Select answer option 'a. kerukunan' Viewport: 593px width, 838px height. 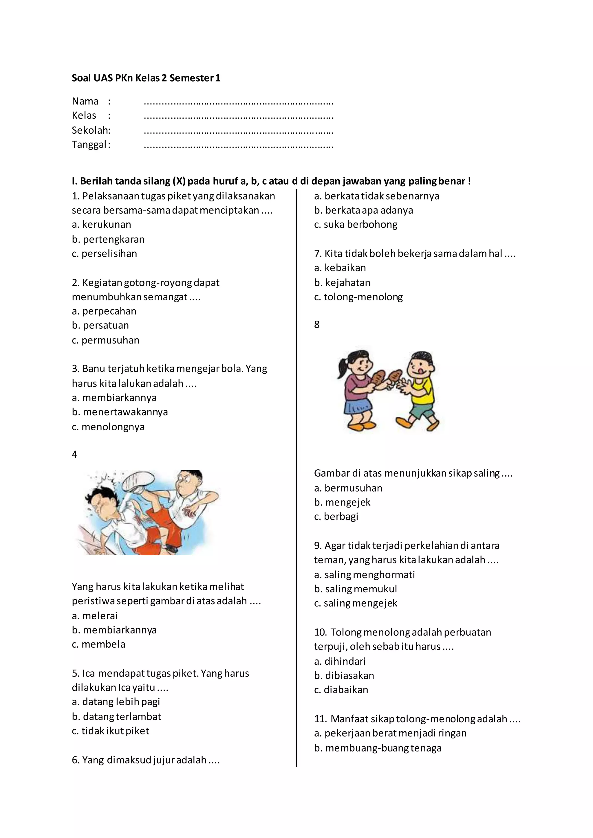(x=102, y=225)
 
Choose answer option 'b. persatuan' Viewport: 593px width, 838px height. (x=100, y=325)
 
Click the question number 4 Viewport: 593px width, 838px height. (x=74, y=454)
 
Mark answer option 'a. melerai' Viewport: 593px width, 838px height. (x=95, y=616)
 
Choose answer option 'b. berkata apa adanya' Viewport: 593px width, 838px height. (x=363, y=210)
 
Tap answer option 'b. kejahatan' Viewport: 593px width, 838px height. (x=342, y=282)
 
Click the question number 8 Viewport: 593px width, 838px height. (x=316, y=324)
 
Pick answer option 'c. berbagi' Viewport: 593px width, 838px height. (x=336, y=517)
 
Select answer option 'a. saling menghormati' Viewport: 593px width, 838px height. (x=365, y=574)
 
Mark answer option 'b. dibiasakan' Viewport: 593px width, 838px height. (x=344, y=676)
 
